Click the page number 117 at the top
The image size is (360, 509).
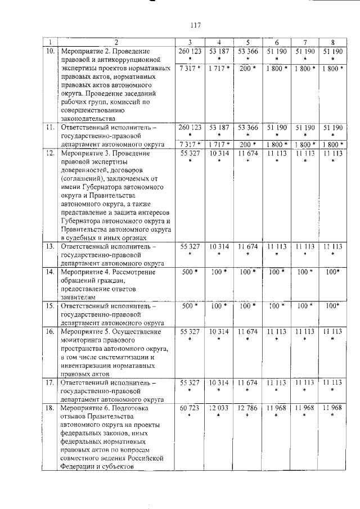point(196,25)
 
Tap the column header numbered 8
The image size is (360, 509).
point(333,42)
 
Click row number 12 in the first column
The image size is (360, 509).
point(49,153)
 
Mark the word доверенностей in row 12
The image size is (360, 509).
point(87,170)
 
